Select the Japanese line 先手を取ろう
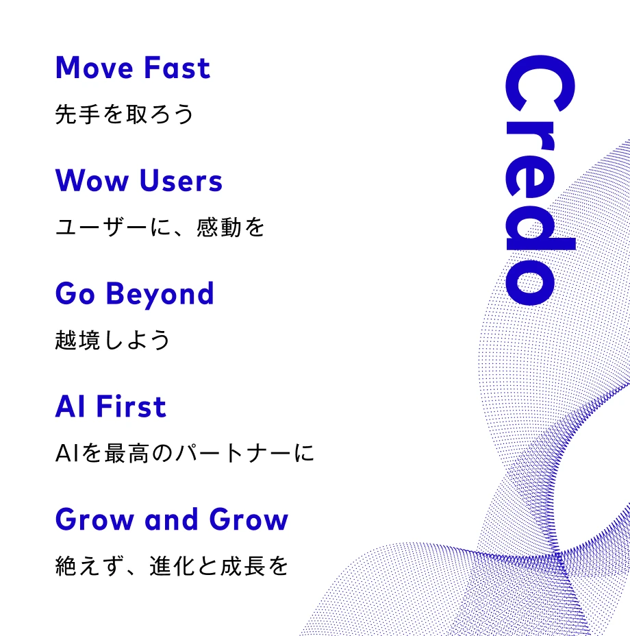(124, 114)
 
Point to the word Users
(181, 181)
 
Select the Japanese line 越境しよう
(112, 340)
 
